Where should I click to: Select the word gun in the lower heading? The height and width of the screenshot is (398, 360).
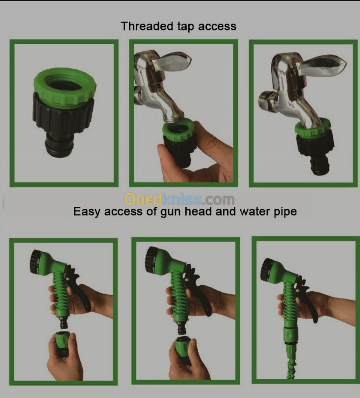pyautogui.click(x=171, y=212)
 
